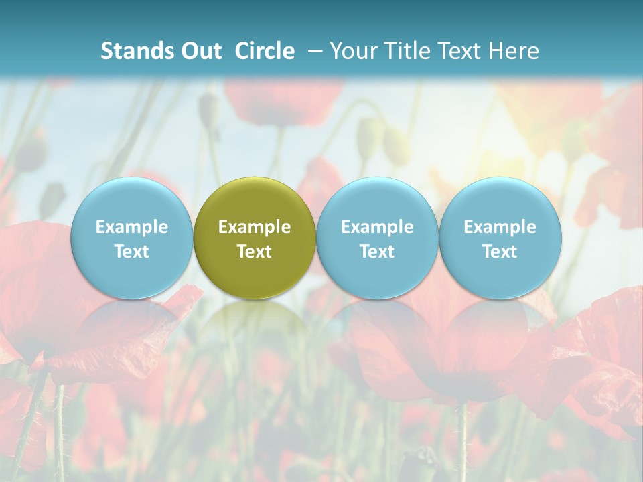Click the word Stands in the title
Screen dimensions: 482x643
(132, 51)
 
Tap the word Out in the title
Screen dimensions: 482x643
(199, 51)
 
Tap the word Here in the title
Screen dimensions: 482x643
(514, 51)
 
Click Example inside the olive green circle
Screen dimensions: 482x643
(255, 227)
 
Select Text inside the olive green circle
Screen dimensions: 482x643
(255, 252)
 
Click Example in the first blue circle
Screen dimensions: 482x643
(132, 227)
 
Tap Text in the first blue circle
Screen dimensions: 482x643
(132, 252)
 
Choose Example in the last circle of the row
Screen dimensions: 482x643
(500, 227)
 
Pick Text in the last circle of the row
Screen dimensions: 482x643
(500, 252)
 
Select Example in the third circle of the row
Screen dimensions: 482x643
(377, 227)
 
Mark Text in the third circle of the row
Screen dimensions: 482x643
(377, 252)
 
